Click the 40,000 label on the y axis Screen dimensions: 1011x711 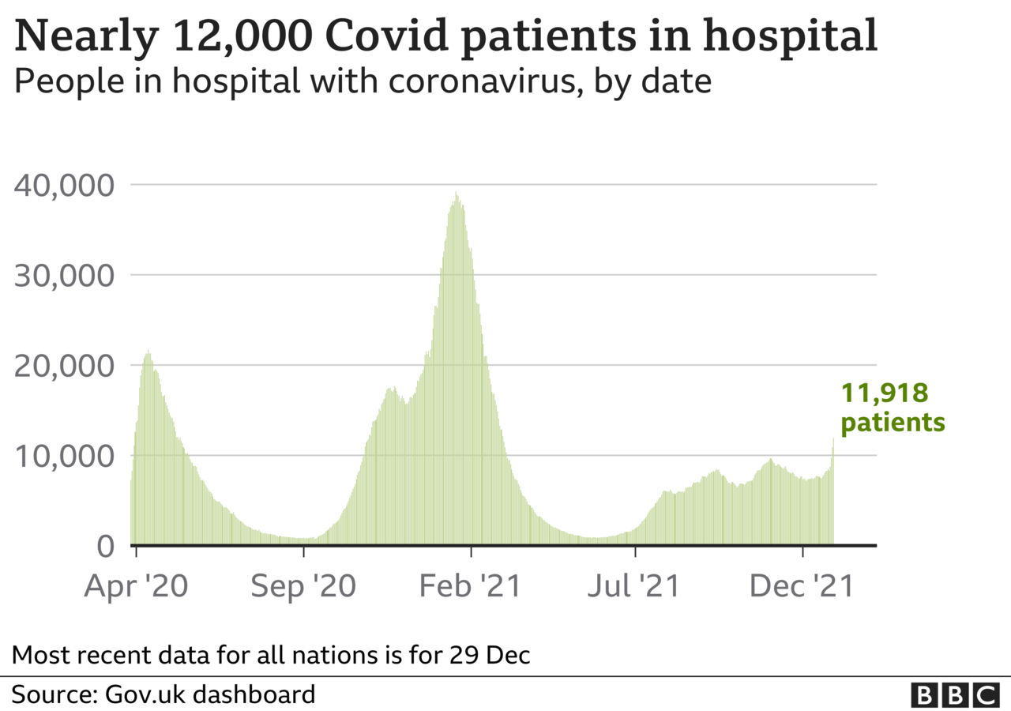[x=64, y=186]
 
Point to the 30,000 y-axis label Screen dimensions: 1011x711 [x=64, y=276]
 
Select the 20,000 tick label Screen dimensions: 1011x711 [x=64, y=366]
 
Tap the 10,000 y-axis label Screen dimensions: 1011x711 [x=64, y=457]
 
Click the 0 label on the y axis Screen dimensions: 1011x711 [x=106, y=546]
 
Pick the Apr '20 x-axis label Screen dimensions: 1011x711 [x=136, y=586]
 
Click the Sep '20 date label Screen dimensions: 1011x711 [x=303, y=586]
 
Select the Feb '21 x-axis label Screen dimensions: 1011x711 [x=470, y=586]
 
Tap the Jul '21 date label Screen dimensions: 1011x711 [x=633, y=586]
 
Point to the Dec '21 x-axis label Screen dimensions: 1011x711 [x=802, y=586]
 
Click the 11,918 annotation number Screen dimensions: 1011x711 [x=885, y=393]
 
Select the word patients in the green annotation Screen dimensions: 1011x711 [x=893, y=423]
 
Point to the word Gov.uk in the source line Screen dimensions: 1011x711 [x=145, y=694]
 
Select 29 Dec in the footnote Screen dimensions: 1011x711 [x=489, y=655]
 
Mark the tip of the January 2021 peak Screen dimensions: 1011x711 [x=457, y=191]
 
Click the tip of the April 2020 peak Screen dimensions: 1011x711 [x=148, y=350]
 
